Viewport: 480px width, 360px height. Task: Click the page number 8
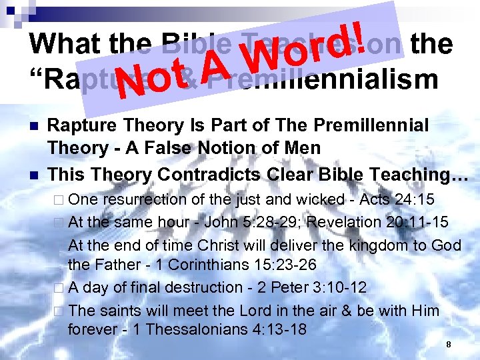(449, 344)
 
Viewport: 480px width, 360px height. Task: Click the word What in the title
(65, 44)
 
